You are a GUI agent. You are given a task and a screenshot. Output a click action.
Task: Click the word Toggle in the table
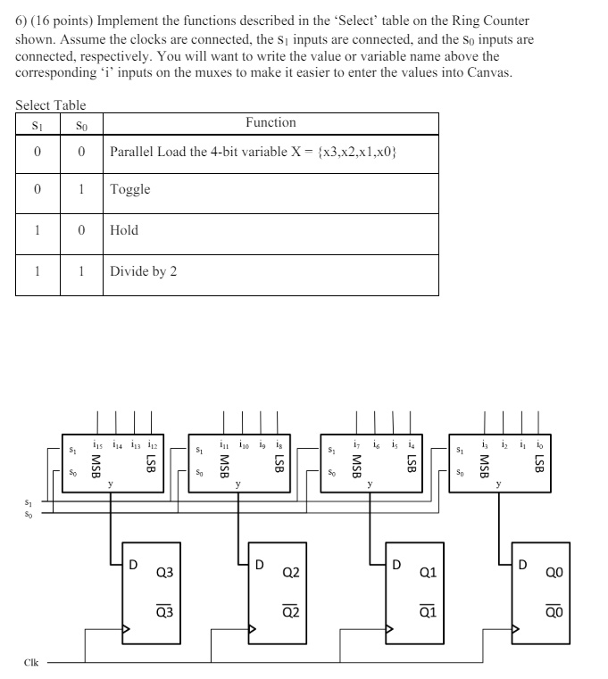(x=130, y=189)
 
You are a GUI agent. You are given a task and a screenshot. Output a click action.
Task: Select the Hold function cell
(x=124, y=230)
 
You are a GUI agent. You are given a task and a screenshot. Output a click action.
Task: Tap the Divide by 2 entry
(x=143, y=271)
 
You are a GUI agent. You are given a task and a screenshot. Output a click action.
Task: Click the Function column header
(x=271, y=122)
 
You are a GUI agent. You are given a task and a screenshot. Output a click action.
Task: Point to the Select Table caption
(x=51, y=104)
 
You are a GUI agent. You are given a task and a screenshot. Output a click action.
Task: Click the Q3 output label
(x=163, y=572)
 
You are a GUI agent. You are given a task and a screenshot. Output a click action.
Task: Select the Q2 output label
(x=290, y=572)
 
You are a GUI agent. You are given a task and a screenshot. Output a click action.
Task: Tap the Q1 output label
(x=428, y=572)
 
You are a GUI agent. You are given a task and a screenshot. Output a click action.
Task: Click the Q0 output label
(x=554, y=572)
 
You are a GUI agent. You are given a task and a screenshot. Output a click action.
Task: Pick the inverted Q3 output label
(x=163, y=612)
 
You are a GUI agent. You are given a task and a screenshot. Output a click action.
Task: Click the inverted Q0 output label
(x=554, y=612)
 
